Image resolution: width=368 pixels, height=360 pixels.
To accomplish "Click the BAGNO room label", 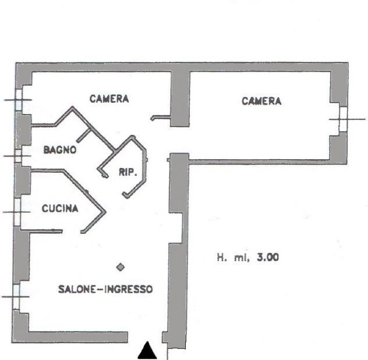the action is coord(60,149).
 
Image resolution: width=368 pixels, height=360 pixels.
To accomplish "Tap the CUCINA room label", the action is coord(60,208).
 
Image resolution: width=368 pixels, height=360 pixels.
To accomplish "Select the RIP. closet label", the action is coord(128,173).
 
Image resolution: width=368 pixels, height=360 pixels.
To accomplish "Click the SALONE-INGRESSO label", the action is coord(105,289).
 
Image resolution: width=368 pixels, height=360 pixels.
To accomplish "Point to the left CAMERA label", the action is coord(109,99).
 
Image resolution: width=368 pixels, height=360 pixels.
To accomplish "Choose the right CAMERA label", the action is coord(261,101).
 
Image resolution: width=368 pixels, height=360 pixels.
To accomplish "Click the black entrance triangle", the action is coord(147,350).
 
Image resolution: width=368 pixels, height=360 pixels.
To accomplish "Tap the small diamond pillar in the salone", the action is coord(121,267).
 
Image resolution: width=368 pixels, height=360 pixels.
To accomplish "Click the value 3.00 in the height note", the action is coord(268,257).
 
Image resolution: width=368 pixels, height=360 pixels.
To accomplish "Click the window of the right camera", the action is coord(343,119).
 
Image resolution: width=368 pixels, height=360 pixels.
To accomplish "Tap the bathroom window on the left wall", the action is coord(18,156).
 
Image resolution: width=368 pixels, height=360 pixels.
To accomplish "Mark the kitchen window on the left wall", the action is coord(17,212).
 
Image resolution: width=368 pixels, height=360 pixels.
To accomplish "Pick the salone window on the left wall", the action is coord(16,297).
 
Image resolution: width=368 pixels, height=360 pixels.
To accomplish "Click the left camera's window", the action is coord(19,100).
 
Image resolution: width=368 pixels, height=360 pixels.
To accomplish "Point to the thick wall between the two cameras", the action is coord(180,98).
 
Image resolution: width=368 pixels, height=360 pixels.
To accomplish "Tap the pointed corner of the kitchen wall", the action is coord(105,212).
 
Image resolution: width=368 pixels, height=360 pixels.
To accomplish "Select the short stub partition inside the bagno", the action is coord(84,136).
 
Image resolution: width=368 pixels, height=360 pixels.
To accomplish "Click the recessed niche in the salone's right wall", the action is coord(175,228).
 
